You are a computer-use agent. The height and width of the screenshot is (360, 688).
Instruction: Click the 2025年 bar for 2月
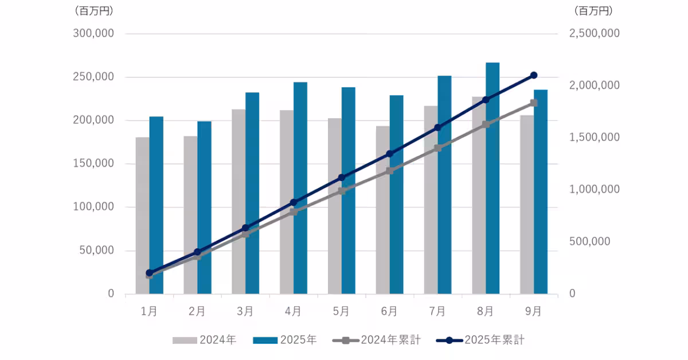click(x=204, y=207)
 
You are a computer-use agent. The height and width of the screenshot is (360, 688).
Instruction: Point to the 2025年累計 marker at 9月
click(x=534, y=75)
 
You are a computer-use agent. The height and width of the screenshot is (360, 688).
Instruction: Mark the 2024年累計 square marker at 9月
click(x=534, y=103)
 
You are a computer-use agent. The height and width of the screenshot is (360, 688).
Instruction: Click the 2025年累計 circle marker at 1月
click(x=149, y=273)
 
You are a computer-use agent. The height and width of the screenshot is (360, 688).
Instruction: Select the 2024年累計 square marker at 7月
click(x=437, y=148)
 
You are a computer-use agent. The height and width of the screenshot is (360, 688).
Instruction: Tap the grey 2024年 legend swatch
click(x=185, y=340)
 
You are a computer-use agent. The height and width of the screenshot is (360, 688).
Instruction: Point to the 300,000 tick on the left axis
click(x=93, y=34)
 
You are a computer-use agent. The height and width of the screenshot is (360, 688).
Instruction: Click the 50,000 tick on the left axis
click(x=96, y=251)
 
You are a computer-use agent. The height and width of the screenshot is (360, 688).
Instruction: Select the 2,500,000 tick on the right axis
click(x=594, y=34)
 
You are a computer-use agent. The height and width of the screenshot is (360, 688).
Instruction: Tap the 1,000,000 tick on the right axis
click(x=594, y=190)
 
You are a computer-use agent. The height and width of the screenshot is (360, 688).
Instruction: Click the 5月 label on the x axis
click(x=341, y=311)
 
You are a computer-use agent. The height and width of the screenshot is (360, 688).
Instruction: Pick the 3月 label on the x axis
click(x=245, y=311)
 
